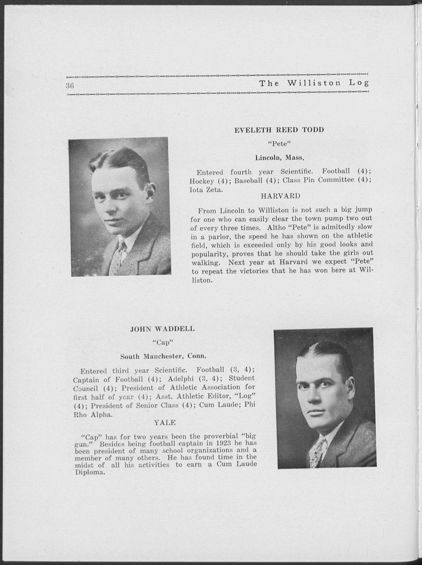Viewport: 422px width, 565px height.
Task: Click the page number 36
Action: [70, 86]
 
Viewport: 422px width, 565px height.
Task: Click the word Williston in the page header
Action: [314, 83]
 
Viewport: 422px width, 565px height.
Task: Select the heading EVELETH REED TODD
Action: [279, 130]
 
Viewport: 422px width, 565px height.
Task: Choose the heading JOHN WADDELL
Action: [162, 329]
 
